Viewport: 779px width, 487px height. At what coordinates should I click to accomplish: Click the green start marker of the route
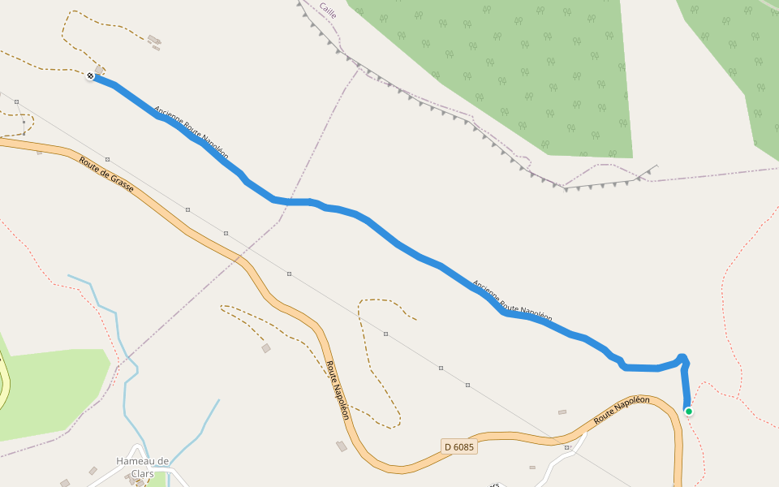pyautogui.click(x=689, y=412)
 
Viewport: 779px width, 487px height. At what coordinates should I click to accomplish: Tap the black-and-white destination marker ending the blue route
pyautogui.click(x=90, y=75)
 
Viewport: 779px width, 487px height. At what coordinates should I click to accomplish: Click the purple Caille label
pyautogui.click(x=328, y=10)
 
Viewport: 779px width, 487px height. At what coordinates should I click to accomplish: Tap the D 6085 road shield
pyautogui.click(x=459, y=446)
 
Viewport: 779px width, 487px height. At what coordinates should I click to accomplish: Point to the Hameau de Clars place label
pyautogui.click(x=142, y=467)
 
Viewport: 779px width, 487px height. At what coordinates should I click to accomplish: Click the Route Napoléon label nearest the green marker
pyautogui.click(x=622, y=409)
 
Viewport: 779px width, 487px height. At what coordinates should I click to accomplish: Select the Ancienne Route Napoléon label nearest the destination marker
pyautogui.click(x=191, y=132)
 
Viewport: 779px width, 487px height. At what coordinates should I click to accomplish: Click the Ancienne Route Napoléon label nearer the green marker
pyautogui.click(x=512, y=302)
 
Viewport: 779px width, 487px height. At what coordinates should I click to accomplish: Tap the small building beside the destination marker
pyautogui.click(x=100, y=69)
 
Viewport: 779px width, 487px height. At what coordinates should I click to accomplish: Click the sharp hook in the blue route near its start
pyautogui.click(x=682, y=358)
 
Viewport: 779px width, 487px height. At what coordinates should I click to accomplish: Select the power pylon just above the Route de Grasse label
pyautogui.click(x=107, y=159)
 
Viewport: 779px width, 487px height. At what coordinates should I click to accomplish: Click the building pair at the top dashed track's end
pyautogui.click(x=154, y=41)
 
